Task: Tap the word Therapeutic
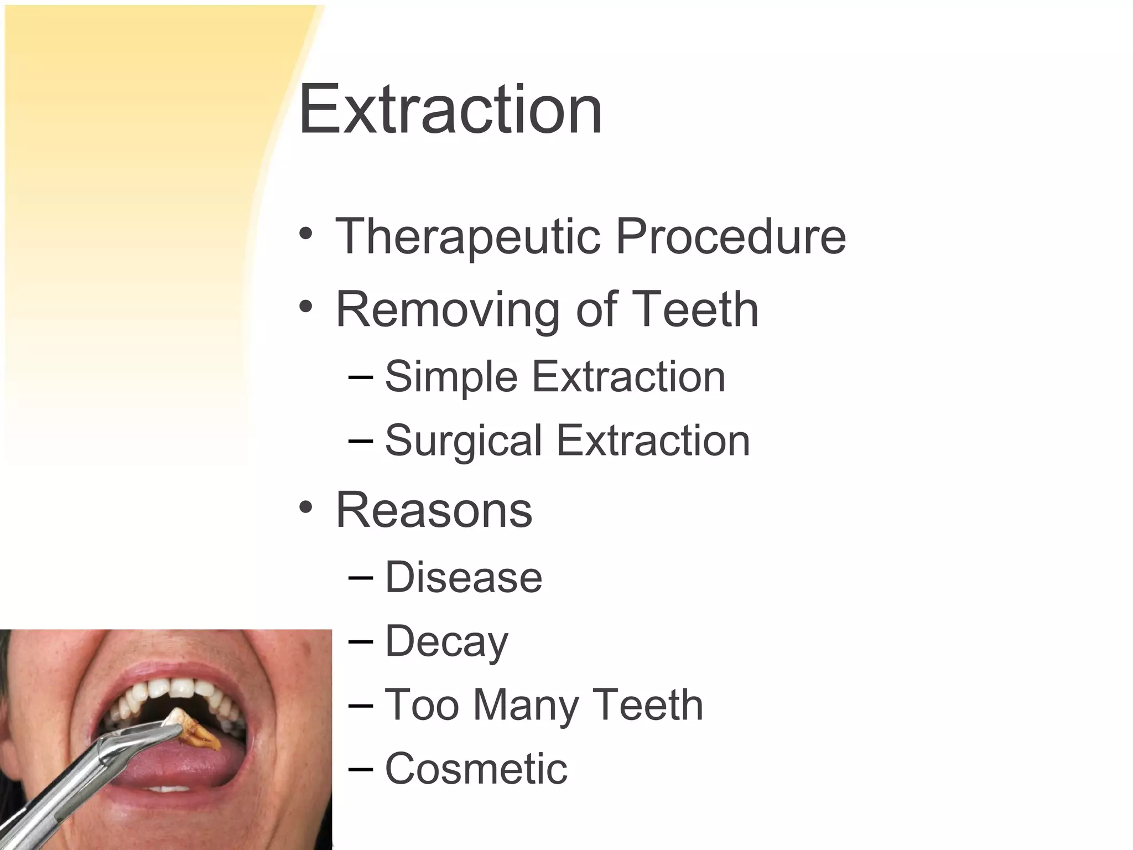[x=467, y=236]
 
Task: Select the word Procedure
[x=730, y=236]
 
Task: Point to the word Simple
[x=451, y=377]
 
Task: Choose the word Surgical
[x=463, y=442]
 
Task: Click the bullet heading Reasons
[x=434, y=510]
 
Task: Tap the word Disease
[x=464, y=577]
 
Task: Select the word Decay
[x=446, y=642]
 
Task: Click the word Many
[x=526, y=705]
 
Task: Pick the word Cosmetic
[x=476, y=769]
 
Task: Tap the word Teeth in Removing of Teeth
[x=695, y=310]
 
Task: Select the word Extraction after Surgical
[x=653, y=442]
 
